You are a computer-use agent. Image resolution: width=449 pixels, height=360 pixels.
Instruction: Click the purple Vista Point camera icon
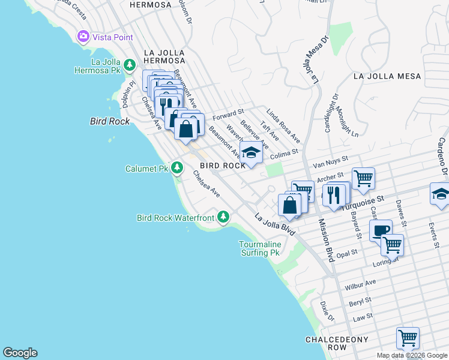[83, 37]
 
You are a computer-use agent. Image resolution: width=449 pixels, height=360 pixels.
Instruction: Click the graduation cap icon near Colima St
[251, 152]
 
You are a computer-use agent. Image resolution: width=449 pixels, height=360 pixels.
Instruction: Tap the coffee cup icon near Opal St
[381, 230]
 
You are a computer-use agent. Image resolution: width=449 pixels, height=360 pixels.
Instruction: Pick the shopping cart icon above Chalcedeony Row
[408, 338]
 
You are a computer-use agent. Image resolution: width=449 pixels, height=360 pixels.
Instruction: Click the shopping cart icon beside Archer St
[363, 178]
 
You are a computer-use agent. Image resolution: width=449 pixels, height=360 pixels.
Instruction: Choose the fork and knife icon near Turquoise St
[334, 194]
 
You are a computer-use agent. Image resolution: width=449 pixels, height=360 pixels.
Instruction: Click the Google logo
[20, 353]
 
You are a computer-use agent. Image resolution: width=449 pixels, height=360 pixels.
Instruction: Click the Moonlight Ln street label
[347, 120]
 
